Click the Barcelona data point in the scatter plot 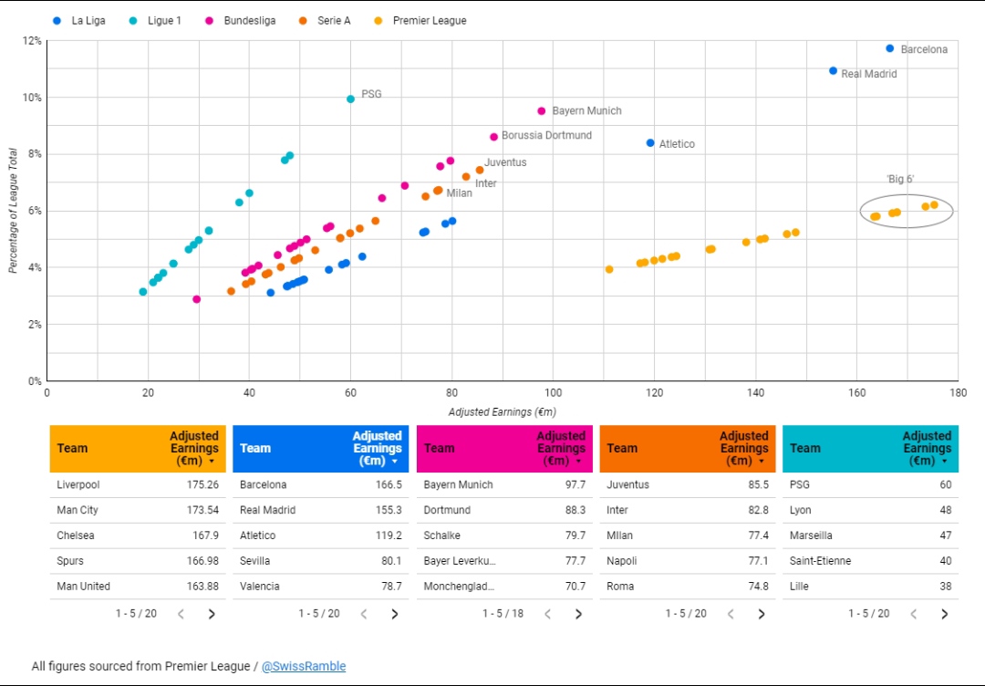[x=889, y=48]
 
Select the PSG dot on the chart [x=350, y=99]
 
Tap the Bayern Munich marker [x=542, y=111]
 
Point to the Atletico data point [x=650, y=143]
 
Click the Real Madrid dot [x=833, y=71]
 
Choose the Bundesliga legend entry [x=241, y=21]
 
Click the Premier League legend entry [x=420, y=21]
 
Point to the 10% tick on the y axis [x=33, y=98]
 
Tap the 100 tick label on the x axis [x=553, y=393]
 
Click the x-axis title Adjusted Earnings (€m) [x=502, y=412]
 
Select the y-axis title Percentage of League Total [x=13, y=211]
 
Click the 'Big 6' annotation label [x=900, y=180]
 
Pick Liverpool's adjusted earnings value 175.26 [x=202, y=485]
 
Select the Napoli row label [x=622, y=561]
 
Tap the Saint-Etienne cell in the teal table [x=821, y=561]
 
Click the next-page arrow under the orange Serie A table [x=762, y=614]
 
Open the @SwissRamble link [x=304, y=666]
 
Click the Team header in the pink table [x=439, y=449]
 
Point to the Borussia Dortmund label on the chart [x=546, y=136]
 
